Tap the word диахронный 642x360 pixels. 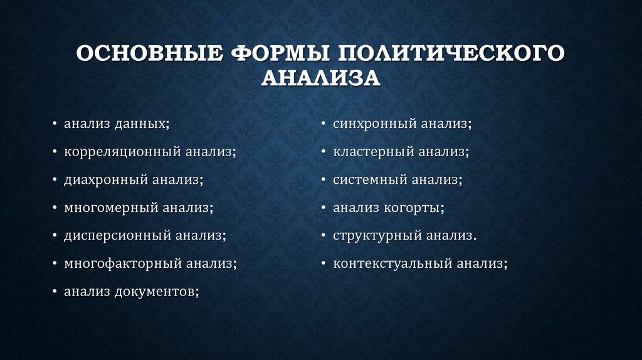105,180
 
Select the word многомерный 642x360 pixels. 110,208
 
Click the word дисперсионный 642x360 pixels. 117,236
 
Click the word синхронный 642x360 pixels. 374,124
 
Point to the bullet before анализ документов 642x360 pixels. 56,292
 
